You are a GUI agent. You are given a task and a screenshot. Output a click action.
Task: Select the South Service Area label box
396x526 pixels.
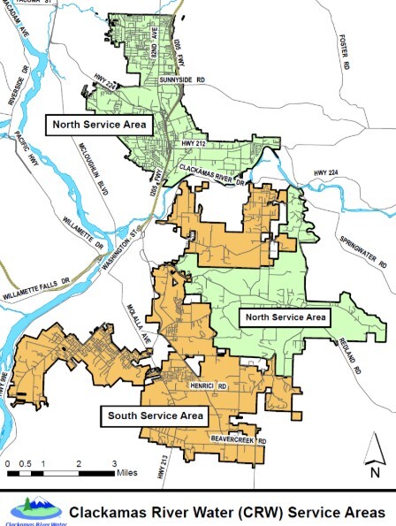(156, 415)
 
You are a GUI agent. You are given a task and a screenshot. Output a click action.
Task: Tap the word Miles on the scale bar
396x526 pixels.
(127, 472)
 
